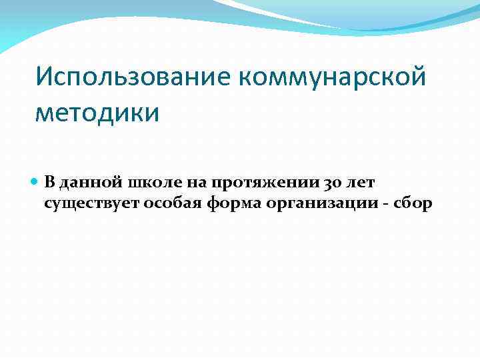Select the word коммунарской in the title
(x=330, y=78)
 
